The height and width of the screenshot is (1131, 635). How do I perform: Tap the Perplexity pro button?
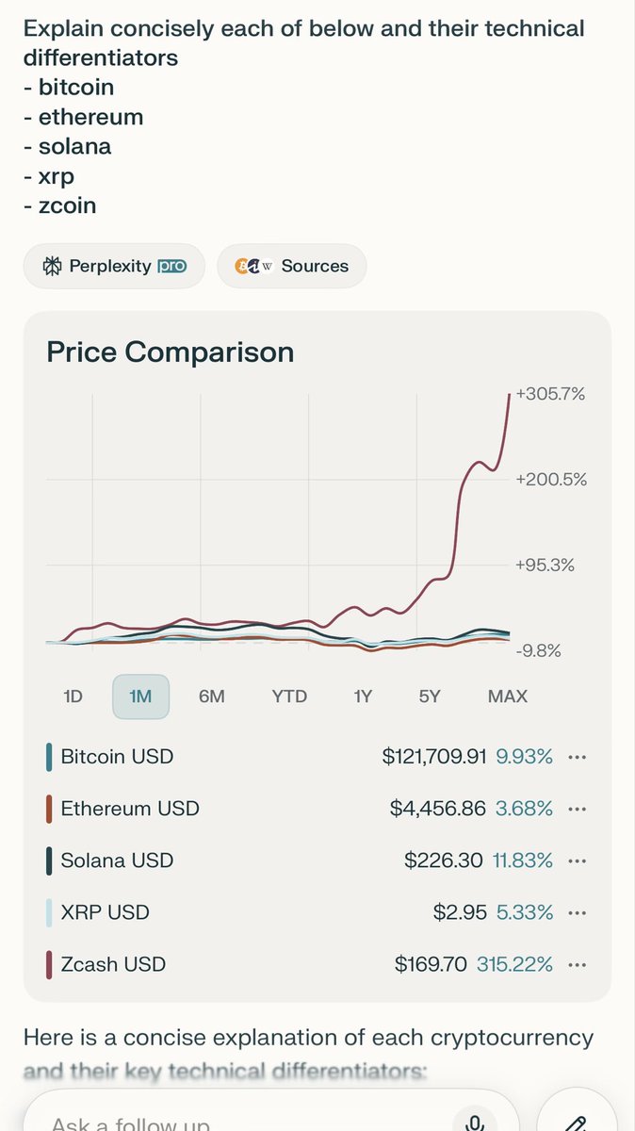(114, 266)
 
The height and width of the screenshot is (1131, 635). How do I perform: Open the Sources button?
(292, 266)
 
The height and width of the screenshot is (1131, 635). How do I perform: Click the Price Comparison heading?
(171, 352)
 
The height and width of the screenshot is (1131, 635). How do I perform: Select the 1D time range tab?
(73, 697)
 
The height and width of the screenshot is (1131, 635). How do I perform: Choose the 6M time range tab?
(212, 697)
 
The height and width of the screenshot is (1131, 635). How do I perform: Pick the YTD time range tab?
(289, 697)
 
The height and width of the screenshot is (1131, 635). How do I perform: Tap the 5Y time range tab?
(430, 697)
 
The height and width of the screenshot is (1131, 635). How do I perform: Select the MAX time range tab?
(508, 697)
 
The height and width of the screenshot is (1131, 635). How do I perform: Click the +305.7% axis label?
(550, 394)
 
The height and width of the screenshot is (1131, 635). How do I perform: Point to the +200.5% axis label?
(550, 480)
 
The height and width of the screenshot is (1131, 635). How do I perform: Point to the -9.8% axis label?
(538, 650)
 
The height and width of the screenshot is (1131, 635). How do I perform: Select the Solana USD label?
(117, 861)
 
